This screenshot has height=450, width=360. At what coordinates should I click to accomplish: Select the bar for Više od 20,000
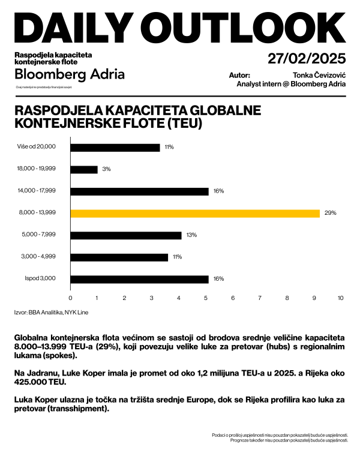pos(115,147)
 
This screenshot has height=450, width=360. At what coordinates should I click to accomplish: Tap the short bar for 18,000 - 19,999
pos(84,169)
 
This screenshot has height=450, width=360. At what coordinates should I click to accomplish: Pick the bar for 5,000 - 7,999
pos(126,235)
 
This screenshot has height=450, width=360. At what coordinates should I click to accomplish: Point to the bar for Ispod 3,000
pos(139,279)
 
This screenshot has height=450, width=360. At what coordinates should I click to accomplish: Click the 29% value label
pos(331,213)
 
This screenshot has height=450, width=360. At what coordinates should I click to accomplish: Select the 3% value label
pos(106,169)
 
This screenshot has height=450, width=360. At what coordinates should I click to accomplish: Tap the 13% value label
pos(192,235)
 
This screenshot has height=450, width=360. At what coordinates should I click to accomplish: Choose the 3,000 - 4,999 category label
pos(38,257)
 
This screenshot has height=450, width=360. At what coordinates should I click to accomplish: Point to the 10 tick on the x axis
pos(341,298)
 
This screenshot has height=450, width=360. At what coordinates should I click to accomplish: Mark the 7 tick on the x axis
pos(260,298)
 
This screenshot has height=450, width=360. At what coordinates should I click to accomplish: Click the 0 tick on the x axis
pos(71,298)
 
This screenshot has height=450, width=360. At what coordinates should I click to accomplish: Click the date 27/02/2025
pos(307,59)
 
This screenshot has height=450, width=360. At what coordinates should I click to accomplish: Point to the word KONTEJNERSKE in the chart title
pos(56,123)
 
